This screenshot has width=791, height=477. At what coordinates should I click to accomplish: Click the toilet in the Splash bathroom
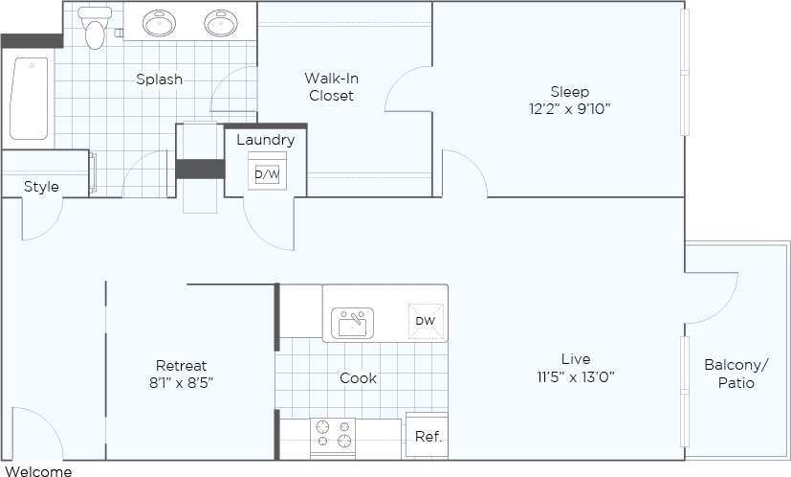(94, 29)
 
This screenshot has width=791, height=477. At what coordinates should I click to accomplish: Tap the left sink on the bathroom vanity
(159, 23)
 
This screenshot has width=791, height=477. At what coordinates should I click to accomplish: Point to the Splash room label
(159, 79)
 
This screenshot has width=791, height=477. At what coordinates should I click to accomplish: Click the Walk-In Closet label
(331, 86)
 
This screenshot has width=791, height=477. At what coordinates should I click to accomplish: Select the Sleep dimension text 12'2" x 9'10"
(570, 108)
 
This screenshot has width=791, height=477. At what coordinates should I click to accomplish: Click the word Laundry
(265, 140)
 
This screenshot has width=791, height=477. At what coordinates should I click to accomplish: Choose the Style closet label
(41, 187)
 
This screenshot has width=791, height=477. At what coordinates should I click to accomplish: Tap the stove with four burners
(333, 436)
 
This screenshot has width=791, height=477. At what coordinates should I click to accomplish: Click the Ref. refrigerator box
(427, 437)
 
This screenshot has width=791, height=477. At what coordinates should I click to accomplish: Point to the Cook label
(359, 378)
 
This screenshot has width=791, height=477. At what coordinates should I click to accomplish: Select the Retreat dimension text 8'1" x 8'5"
(182, 383)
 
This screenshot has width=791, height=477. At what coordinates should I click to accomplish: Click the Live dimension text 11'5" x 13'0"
(575, 376)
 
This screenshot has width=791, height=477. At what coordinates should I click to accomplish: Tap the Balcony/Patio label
(736, 374)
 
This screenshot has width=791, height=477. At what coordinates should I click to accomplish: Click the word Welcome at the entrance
(36, 470)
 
